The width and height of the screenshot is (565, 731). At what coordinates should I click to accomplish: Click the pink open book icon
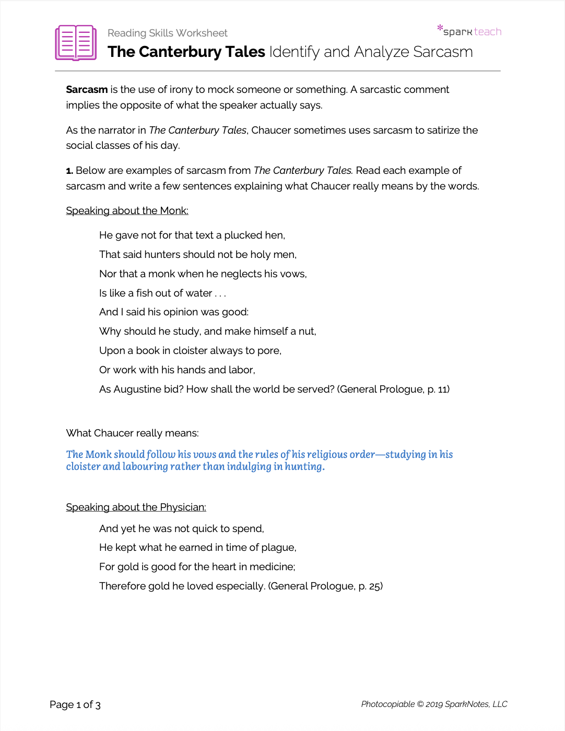click(x=76, y=42)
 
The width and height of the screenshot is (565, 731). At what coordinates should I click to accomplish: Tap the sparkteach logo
click(x=469, y=31)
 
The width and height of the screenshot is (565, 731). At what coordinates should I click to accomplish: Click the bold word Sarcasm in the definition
click(x=87, y=90)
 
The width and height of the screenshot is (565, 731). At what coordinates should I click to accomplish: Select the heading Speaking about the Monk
click(x=127, y=211)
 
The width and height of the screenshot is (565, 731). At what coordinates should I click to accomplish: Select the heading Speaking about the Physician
click(x=136, y=508)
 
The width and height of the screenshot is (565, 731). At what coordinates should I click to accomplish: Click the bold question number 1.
click(x=69, y=171)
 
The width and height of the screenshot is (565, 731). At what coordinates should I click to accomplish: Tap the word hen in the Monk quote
click(x=275, y=235)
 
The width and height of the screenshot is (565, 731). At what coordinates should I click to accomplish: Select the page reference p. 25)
click(x=370, y=586)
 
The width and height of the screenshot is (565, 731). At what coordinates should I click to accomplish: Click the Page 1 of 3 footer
click(x=75, y=705)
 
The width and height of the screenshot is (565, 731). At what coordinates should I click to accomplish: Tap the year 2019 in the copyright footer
click(x=434, y=704)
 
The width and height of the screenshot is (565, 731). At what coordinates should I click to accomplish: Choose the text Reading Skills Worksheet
click(x=167, y=33)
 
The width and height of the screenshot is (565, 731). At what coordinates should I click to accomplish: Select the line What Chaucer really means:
click(x=132, y=433)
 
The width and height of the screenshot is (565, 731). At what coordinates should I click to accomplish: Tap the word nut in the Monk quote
click(x=307, y=332)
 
